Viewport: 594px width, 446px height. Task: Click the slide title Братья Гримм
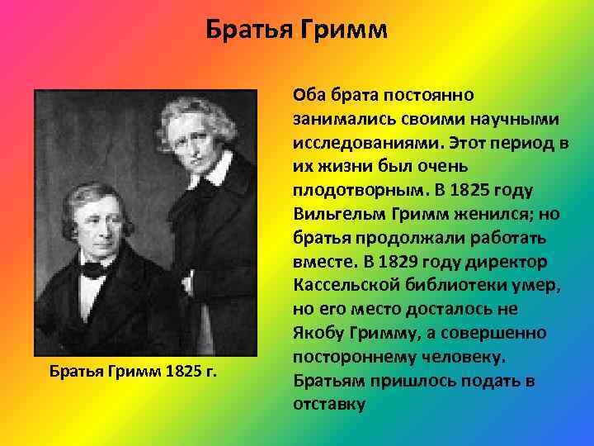point(297,31)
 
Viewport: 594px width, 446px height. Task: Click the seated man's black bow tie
point(92,269)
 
